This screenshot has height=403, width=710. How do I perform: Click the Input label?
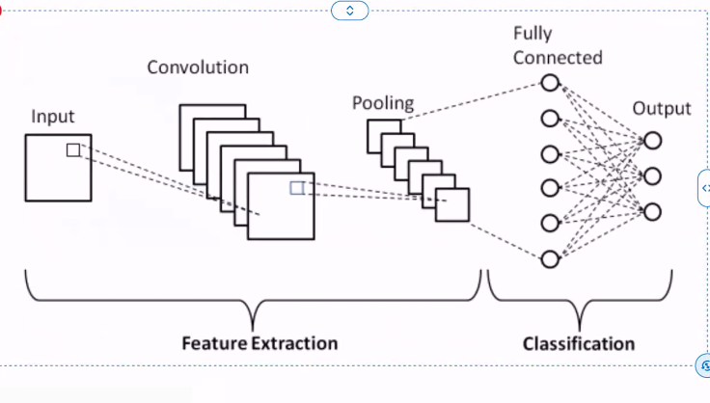click(53, 117)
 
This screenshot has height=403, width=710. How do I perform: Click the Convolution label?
click(198, 67)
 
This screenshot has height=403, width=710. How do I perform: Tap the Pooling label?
click(382, 103)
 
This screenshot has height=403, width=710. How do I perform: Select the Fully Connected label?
click(558, 45)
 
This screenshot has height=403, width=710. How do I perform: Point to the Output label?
click(662, 108)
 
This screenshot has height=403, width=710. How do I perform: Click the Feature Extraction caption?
click(260, 343)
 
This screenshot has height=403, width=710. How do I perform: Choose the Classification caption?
click(579, 343)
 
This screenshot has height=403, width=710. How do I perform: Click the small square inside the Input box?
click(73, 149)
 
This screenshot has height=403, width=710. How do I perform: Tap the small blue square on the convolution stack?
click(297, 188)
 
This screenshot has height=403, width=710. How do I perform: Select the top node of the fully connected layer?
click(550, 84)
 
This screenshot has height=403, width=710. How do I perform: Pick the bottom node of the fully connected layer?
click(550, 258)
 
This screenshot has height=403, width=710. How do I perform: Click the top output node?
click(653, 141)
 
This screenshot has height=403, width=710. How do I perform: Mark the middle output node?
click(653, 176)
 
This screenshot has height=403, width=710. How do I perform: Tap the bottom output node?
click(653, 212)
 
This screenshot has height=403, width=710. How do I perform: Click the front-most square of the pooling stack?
click(451, 205)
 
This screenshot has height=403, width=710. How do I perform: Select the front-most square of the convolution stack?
click(281, 205)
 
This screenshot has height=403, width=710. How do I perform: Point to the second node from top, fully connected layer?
click(550, 120)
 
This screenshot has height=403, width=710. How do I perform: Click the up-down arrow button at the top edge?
click(349, 11)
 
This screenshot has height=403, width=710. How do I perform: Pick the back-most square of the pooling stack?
click(375, 126)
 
